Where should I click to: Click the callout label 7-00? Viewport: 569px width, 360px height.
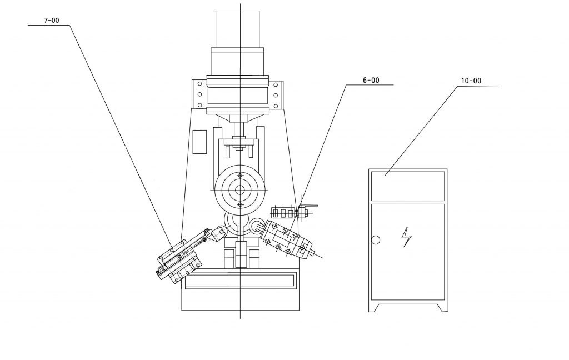[x=52, y=21]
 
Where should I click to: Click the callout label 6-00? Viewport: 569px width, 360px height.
[x=371, y=81]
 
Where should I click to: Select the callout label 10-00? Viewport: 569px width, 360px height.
[x=471, y=81]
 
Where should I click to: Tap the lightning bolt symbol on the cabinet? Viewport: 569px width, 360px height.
[x=406, y=237]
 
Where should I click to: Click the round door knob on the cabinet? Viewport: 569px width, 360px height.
[x=376, y=240]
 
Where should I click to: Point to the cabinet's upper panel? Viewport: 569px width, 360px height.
[x=408, y=186]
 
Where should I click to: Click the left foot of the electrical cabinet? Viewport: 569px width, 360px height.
[x=374, y=308]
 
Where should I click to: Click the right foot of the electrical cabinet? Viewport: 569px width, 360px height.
[x=442, y=308]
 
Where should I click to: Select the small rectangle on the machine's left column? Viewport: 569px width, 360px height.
[x=199, y=142]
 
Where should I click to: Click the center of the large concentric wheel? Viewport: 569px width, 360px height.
[x=240, y=190]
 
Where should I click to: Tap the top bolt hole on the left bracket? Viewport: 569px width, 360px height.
[x=199, y=84]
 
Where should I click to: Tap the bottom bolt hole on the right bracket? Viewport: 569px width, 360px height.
[x=276, y=106]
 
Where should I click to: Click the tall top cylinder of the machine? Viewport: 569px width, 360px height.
[x=238, y=29]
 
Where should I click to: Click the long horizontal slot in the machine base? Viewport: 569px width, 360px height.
[x=239, y=282]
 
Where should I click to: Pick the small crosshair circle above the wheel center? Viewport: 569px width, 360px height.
[x=240, y=176]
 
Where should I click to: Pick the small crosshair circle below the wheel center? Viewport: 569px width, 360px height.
[x=240, y=205]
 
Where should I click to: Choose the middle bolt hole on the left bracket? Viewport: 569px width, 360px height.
[x=199, y=94]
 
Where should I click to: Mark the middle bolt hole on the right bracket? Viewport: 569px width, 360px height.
[x=276, y=96]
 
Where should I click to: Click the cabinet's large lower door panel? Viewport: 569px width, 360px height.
[x=408, y=252]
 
